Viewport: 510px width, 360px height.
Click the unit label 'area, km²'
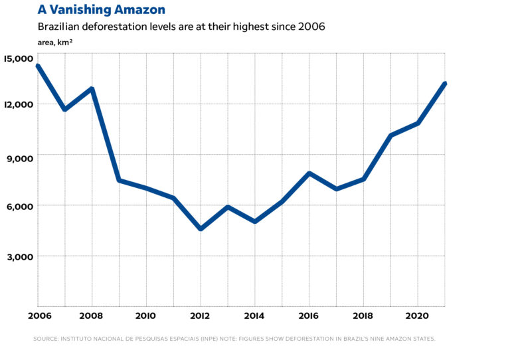55,42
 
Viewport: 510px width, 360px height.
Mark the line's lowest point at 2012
201,228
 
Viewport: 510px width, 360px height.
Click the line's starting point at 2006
38,66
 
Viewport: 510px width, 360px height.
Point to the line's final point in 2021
444,84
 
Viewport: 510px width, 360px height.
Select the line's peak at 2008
92,89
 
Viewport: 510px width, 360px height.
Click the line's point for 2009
119,180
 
